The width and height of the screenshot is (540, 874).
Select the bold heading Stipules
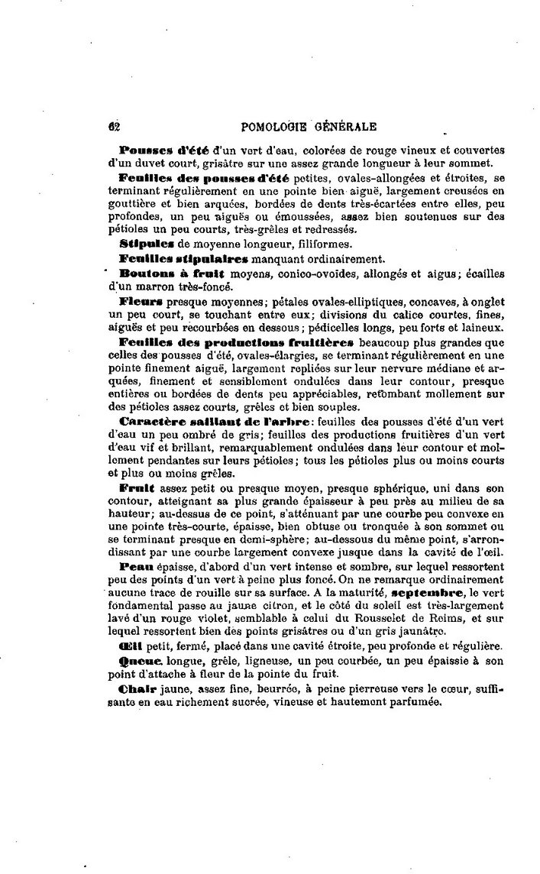pos(145,244)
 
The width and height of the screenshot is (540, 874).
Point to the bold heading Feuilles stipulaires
pos(173,258)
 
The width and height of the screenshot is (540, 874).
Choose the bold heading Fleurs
pos(141,302)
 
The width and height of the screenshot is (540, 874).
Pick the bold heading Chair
pos(138,689)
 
